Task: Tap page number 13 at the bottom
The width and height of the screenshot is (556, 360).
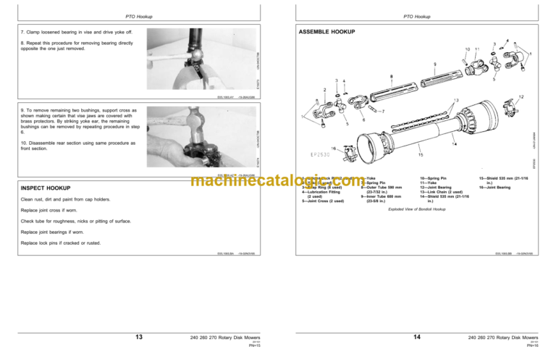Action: coord(138,336)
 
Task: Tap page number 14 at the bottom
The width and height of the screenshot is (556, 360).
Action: coord(416,336)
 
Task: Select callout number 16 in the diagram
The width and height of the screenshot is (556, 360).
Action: coord(334,148)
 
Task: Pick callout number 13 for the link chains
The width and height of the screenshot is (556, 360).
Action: coord(455,101)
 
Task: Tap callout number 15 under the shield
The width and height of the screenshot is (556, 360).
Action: coord(421,154)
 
